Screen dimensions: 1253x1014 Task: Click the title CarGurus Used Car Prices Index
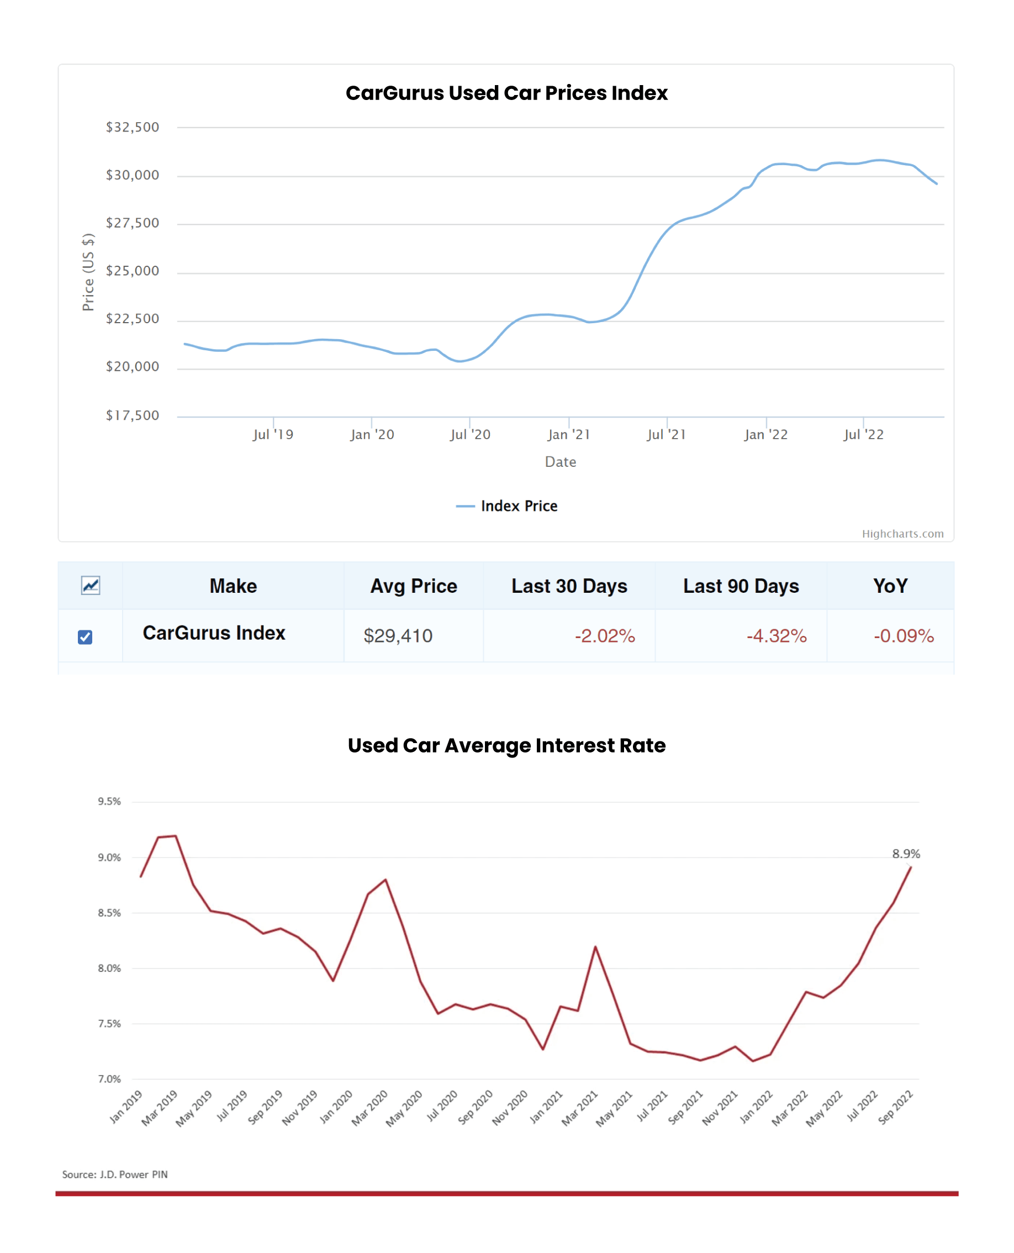coord(506,93)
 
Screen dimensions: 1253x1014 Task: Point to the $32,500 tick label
coord(132,128)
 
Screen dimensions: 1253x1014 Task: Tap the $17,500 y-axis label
coord(132,415)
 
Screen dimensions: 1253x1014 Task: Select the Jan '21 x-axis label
coord(568,435)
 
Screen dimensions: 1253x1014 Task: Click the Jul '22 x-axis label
coord(863,435)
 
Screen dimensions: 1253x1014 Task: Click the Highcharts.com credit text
coord(902,533)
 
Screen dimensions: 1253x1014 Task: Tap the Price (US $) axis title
coord(88,272)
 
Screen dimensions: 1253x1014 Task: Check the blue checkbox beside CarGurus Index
coord(85,637)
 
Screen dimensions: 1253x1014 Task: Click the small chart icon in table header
coord(91,585)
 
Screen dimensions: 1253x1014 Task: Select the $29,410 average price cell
coord(398,635)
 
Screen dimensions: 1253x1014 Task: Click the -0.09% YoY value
coord(903,635)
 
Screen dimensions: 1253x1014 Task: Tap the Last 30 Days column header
coord(569,586)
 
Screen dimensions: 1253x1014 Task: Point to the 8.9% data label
coord(905,854)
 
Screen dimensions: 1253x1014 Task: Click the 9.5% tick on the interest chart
coord(109,802)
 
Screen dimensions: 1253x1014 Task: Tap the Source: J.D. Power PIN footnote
coord(115,1174)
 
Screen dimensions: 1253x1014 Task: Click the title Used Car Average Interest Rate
coord(506,745)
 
